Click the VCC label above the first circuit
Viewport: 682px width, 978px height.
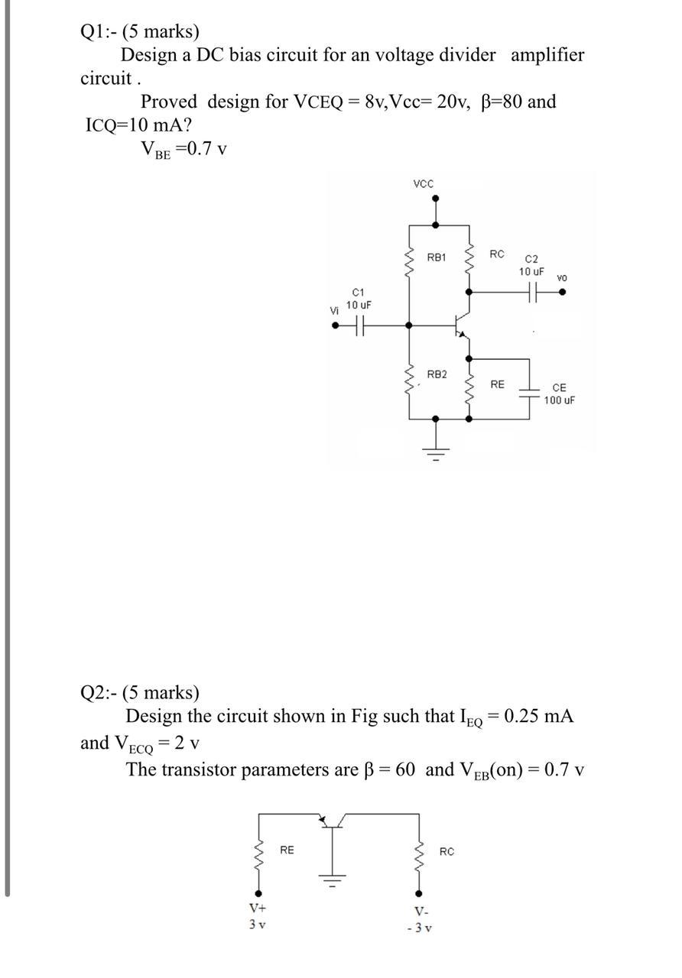point(423,183)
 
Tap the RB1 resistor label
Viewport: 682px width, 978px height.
point(437,257)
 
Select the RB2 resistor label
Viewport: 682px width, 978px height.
point(437,374)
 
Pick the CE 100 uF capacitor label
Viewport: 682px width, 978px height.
point(559,394)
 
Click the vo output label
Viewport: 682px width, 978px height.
point(562,277)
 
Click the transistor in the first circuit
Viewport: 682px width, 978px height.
point(462,325)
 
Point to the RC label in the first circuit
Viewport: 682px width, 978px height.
point(497,254)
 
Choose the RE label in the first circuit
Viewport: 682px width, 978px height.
point(497,384)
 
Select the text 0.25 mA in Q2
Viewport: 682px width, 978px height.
point(539,717)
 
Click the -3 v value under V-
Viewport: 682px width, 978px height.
point(420,928)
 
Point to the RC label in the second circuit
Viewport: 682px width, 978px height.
point(447,851)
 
